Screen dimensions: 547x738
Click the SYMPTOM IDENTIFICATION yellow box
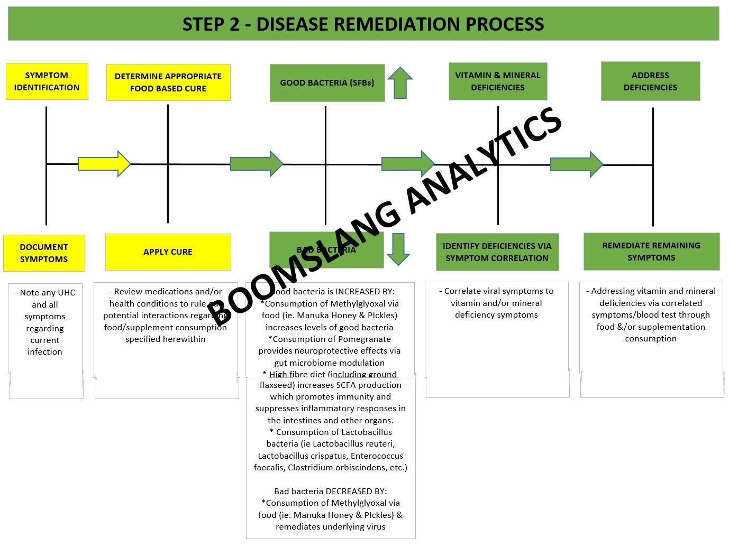point(47,81)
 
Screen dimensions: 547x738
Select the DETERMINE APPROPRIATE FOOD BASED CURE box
point(168,82)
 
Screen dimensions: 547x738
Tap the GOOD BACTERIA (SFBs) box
point(327,83)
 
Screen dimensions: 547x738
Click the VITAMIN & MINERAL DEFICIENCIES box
point(497,81)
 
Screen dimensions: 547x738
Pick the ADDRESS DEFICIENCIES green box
point(650,81)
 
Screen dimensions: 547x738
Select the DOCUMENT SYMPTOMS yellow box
point(44,253)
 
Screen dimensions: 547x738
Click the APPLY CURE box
point(168,252)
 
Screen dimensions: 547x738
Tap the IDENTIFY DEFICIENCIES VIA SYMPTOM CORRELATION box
point(497,252)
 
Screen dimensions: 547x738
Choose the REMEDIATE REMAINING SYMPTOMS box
point(651,252)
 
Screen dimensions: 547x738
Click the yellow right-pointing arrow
point(104,164)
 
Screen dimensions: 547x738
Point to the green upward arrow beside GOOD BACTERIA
point(400,83)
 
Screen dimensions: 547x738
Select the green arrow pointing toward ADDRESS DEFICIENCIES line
point(576,164)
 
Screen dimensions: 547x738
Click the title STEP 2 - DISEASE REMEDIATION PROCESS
point(363,24)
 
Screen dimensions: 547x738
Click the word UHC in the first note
point(66,293)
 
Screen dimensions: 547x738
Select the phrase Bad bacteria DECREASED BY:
point(330,492)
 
